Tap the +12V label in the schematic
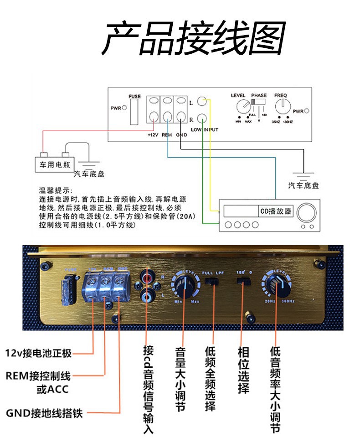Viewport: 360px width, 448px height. pos(153,135)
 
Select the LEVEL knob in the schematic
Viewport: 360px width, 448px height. pos(243,108)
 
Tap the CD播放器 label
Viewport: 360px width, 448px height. pos(276,211)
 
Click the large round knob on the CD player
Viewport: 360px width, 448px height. pos(309,211)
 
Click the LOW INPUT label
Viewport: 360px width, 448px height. pos(205,130)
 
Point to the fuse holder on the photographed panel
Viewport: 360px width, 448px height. pos(69,288)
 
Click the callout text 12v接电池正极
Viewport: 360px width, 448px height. pos(38,353)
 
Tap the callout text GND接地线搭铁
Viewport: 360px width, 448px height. pos(44,413)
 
